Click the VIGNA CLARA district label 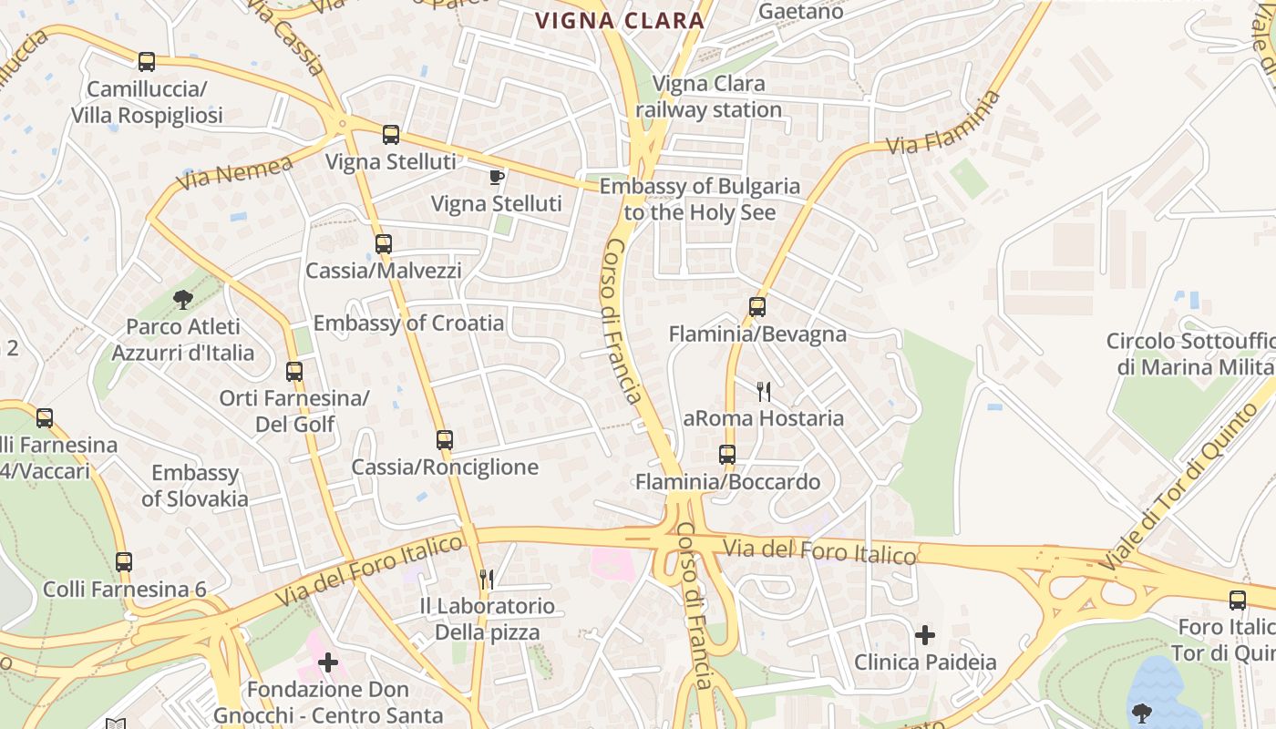pyautogui.click(x=620, y=20)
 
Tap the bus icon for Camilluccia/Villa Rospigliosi pyautogui.click(x=146, y=62)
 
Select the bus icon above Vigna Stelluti pyautogui.click(x=391, y=135)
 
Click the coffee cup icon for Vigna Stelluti pyautogui.click(x=496, y=177)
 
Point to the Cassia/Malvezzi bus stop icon pyautogui.click(x=384, y=244)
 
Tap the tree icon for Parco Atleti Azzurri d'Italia pyautogui.click(x=183, y=299)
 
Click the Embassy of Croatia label pyautogui.click(x=408, y=323)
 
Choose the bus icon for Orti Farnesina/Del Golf pyautogui.click(x=294, y=372)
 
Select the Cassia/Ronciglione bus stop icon pyautogui.click(x=445, y=440)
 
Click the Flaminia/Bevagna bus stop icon pyautogui.click(x=757, y=307)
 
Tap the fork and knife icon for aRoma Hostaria pyautogui.click(x=764, y=392)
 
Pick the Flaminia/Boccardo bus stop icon pyautogui.click(x=727, y=455)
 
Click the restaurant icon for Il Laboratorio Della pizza pyautogui.click(x=487, y=579)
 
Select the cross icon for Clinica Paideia pyautogui.click(x=925, y=634)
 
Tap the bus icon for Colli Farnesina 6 pyautogui.click(x=124, y=562)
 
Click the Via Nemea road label pyautogui.click(x=234, y=172)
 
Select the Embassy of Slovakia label pyautogui.click(x=195, y=486)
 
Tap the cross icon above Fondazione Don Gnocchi pyautogui.click(x=328, y=662)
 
